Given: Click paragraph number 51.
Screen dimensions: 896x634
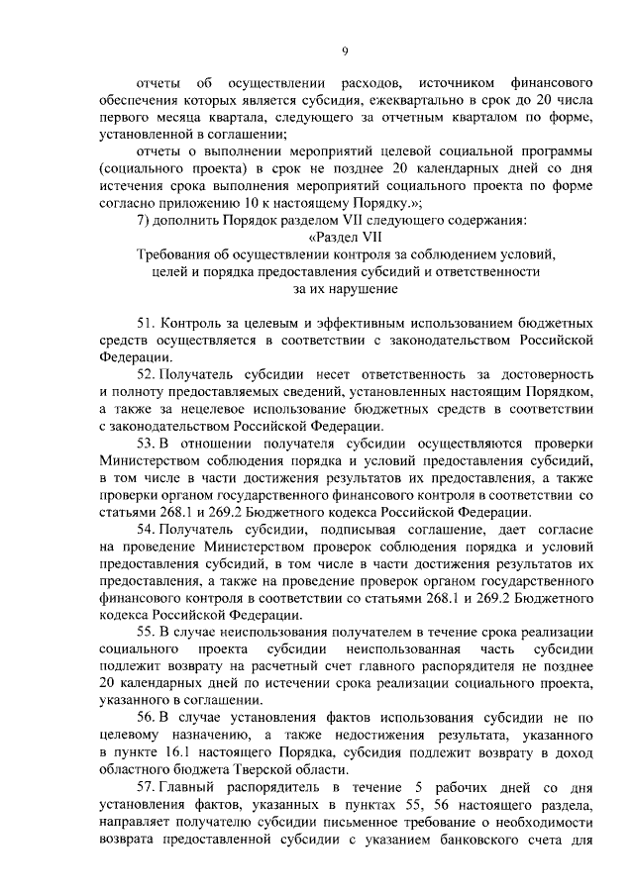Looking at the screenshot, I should tap(145, 324).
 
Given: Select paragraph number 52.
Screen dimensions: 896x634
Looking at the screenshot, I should tap(145, 377).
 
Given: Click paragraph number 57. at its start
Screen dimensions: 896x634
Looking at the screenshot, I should tap(145, 787).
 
